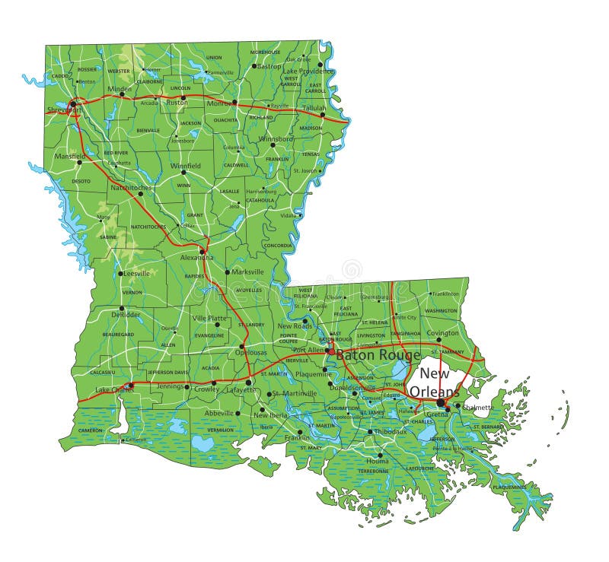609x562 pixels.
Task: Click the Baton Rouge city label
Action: [x=378, y=354]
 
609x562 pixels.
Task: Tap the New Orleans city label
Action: [x=435, y=383]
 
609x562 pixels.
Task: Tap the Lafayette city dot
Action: [x=249, y=383]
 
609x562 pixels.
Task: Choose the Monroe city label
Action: [x=220, y=103]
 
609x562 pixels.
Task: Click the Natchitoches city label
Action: [x=132, y=187]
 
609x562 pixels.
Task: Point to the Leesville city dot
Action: [x=120, y=273]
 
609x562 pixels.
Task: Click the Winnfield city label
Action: [x=185, y=165]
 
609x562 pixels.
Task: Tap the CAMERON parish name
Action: [x=91, y=430]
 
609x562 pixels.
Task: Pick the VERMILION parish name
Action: [x=221, y=430]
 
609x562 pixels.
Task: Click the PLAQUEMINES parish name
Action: [x=509, y=487]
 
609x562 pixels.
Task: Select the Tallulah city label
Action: [x=314, y=108]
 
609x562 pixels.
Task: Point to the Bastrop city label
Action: [x=269, y=66]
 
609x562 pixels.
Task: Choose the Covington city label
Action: [x=442, y=333]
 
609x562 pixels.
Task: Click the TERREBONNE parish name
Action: [x=373, y=472]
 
